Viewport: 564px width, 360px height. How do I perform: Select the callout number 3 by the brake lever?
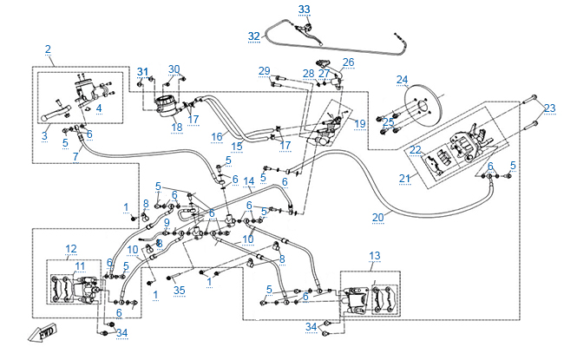(46, 135)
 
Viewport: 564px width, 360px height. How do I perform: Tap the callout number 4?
(99, 108)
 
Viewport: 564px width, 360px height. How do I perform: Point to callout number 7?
(75, 156)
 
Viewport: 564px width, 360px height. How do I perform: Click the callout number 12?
(71, 249)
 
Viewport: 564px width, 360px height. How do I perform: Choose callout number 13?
(375, 255)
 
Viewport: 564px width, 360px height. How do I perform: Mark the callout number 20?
(377, 219)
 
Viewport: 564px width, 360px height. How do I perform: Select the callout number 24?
(402, 80)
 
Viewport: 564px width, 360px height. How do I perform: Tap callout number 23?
(549, 108)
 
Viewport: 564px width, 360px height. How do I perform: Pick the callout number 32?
(253, 36)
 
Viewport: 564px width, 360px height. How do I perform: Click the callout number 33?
(304, 9)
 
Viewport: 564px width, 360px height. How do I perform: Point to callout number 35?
(180, 289)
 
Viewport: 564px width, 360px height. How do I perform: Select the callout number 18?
(176, 128)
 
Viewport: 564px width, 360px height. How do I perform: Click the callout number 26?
(348, 62)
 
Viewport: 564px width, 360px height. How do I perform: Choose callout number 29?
(265, 70)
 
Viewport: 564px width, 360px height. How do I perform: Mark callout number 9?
(167, 223)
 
